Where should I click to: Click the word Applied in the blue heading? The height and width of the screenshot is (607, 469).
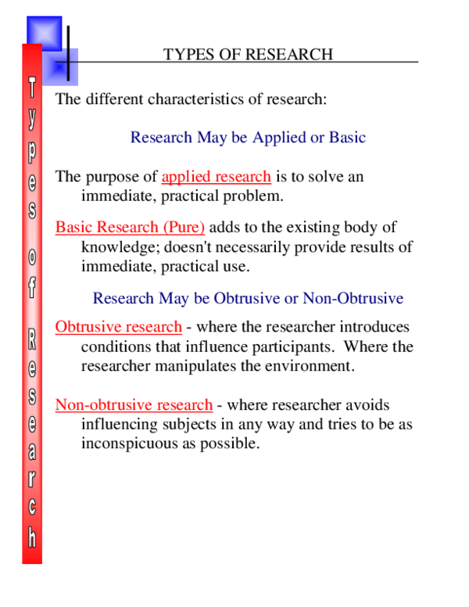(278, 138)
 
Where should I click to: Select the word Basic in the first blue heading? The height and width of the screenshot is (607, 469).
(346, 138)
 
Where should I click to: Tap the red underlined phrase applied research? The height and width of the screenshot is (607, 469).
(217, 177)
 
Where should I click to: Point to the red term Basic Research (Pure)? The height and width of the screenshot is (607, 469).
(130, 228)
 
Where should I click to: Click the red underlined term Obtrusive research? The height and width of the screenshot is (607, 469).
(119, 327)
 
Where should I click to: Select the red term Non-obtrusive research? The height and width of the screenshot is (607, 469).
(134, 405)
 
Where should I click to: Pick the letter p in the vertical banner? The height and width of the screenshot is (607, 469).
(32, 149)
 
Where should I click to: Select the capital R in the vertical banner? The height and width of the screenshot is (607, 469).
(32, 338)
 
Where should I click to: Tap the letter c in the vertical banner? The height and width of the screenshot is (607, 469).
(32, 507)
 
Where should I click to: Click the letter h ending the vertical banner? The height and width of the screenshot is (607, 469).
(32, 537)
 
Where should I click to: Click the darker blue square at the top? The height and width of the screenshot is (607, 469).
(44, 33)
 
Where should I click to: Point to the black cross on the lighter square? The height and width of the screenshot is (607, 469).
(68, 64)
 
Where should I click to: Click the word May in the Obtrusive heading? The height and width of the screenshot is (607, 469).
(175, 298)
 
